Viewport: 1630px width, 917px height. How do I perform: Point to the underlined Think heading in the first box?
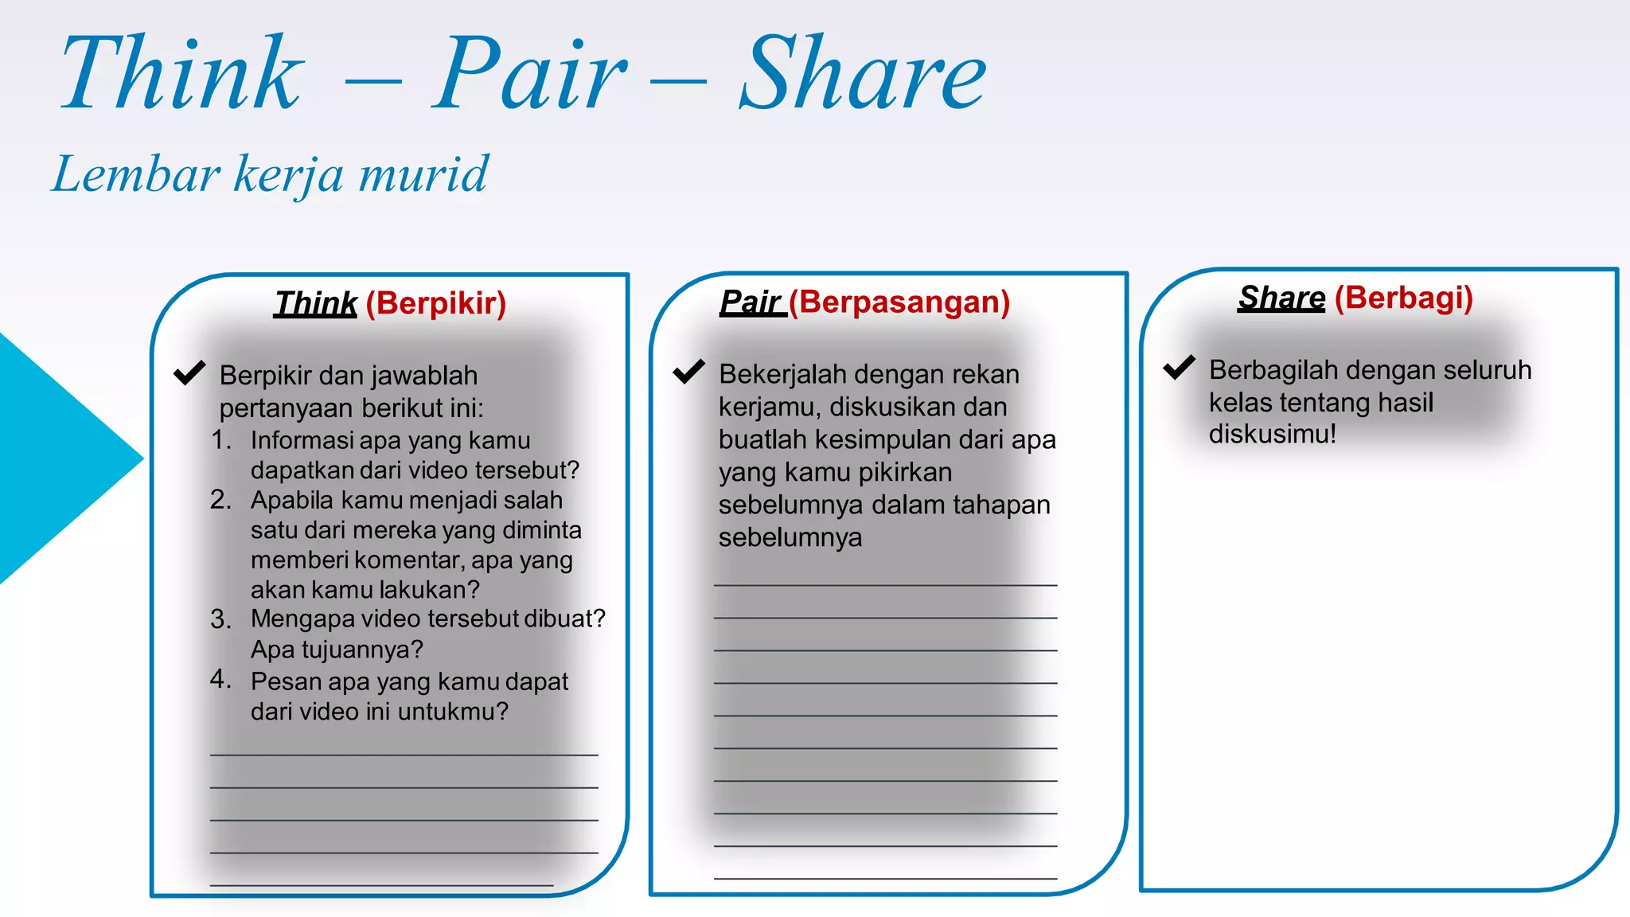(x=315, y=303)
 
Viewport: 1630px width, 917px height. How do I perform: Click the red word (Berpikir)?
(x=436, y=303)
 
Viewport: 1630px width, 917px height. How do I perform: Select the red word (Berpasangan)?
(x=899, y=302)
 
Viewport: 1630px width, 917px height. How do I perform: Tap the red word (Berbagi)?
(x=1404, y=298)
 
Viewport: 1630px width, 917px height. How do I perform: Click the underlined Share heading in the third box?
(x=1281, y=298)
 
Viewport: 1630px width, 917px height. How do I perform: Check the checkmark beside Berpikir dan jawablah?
(x=189, y=373)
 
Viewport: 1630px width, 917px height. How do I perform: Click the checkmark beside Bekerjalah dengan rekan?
(x=688, y=371)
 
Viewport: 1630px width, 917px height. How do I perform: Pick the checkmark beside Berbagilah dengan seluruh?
(x=1179, y=367)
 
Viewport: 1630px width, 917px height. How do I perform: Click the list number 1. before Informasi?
(x=220, y=439)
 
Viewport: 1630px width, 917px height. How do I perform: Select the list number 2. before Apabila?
(x=220, y=499)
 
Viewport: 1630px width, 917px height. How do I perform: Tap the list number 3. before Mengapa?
(x=220, y=618)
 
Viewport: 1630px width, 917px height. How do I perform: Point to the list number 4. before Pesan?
(x=220, y=679)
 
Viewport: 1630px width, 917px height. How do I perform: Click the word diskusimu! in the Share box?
(x=1272, y=435)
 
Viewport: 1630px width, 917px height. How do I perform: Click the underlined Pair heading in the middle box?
(x=751, y=302)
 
